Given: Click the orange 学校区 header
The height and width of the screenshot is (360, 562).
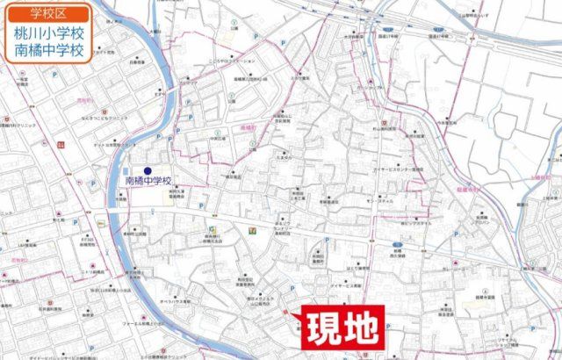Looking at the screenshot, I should (49, 14).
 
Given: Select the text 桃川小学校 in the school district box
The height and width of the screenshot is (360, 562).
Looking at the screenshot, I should (49, 34).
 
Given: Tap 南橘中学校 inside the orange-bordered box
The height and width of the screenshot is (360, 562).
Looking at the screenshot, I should (49, 51).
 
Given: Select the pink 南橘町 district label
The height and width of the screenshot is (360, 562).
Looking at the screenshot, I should (248, 128).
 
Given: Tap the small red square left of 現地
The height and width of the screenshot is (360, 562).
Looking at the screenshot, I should (286, 313).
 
